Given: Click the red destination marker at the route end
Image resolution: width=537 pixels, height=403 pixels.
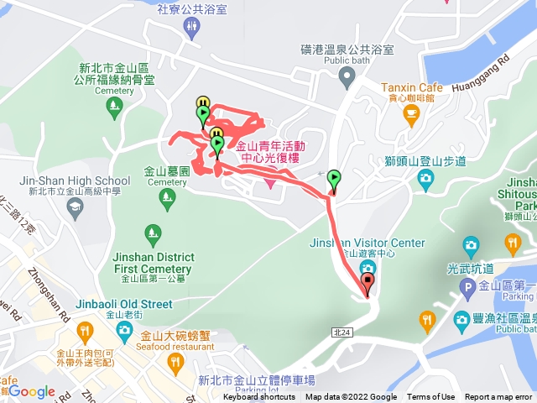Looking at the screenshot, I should (x=368, y=282).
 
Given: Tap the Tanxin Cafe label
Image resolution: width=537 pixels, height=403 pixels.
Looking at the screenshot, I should (x=410, y=86).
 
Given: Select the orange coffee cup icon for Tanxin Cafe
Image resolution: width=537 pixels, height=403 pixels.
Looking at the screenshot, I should (x=410, y=113).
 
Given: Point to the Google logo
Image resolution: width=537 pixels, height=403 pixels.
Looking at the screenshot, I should (x=31, y=391).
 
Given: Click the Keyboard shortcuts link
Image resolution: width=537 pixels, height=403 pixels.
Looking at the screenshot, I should (x=259, y=397).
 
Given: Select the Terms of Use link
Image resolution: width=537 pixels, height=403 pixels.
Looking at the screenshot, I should (x=431, y=397).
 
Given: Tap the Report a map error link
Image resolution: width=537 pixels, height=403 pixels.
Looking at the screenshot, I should (x=498, y=397).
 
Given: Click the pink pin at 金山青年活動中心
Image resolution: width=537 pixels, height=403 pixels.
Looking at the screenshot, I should (x=270, y=180).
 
